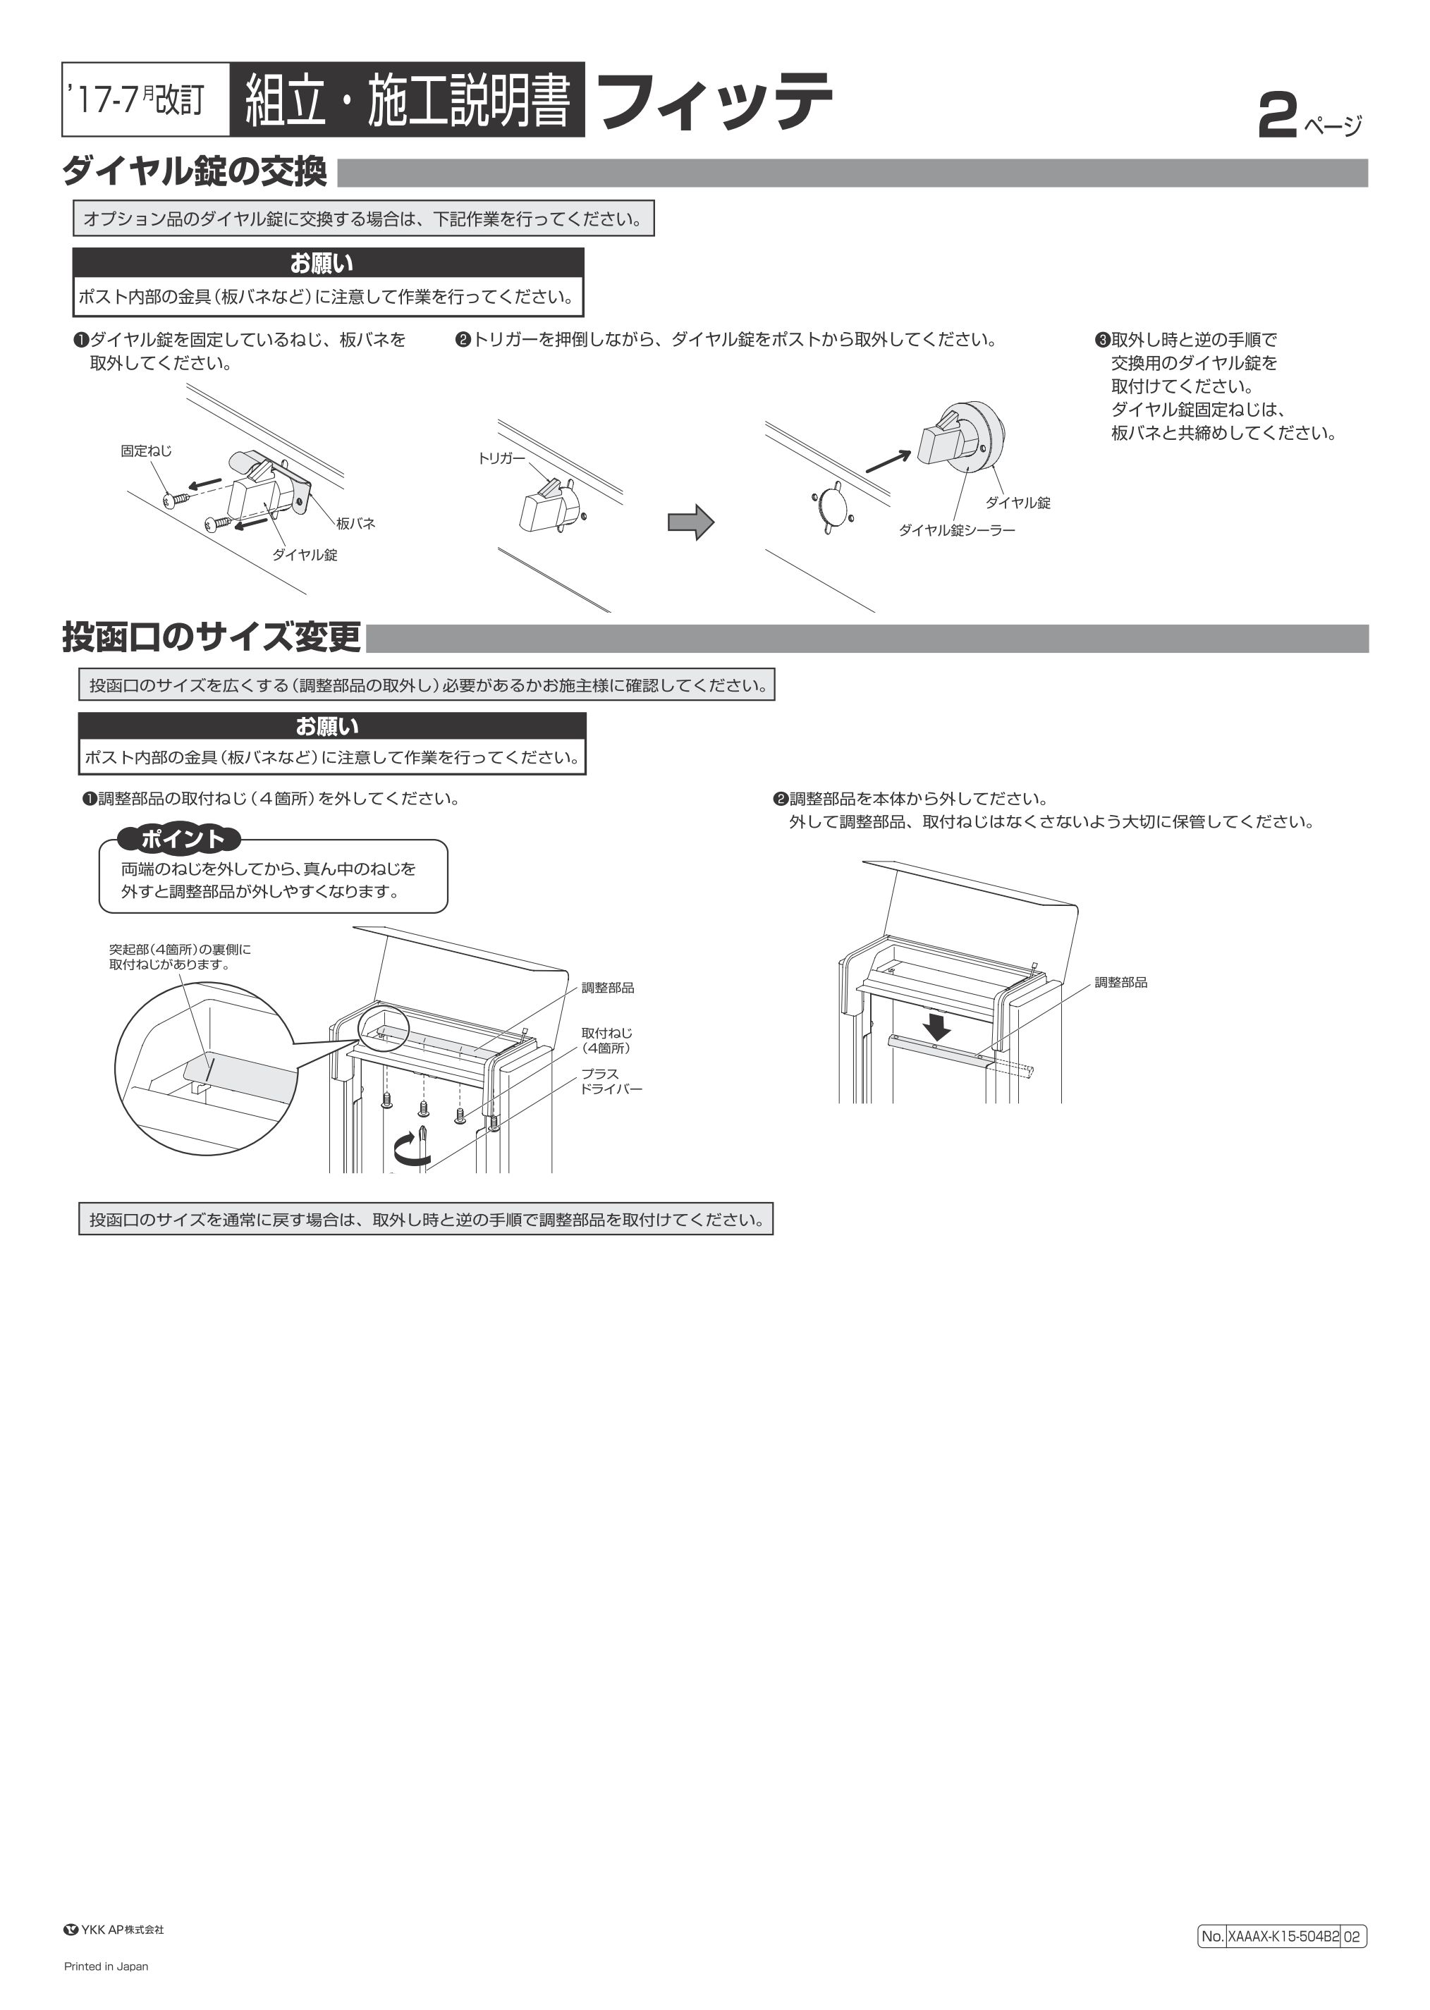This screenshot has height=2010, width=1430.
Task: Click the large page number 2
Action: tap(1277, 117)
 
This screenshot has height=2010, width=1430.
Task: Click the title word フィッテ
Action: tap(714, 102)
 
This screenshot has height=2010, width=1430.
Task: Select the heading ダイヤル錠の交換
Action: tap(195, 172)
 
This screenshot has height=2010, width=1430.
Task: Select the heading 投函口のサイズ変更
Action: tap(212, 637)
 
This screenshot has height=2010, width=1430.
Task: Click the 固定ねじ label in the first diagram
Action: tap(146, 451)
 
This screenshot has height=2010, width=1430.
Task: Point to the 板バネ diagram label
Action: tap(356, 523)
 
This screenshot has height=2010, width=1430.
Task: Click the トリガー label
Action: tap(501, 458)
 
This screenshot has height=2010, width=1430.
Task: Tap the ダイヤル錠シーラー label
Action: tap(956, 530)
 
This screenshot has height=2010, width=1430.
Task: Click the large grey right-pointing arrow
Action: tap(690, 522)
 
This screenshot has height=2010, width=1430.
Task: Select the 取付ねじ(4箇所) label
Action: tap(606, 1040)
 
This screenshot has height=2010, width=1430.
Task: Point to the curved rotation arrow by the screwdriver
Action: tap(411, 1147)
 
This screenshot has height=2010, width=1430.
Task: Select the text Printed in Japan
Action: tap(106, 1966)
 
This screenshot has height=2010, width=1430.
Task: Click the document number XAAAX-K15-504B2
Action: tap(1282, 1936)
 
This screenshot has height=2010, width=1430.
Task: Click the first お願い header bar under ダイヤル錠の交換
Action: tap(328, 263)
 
